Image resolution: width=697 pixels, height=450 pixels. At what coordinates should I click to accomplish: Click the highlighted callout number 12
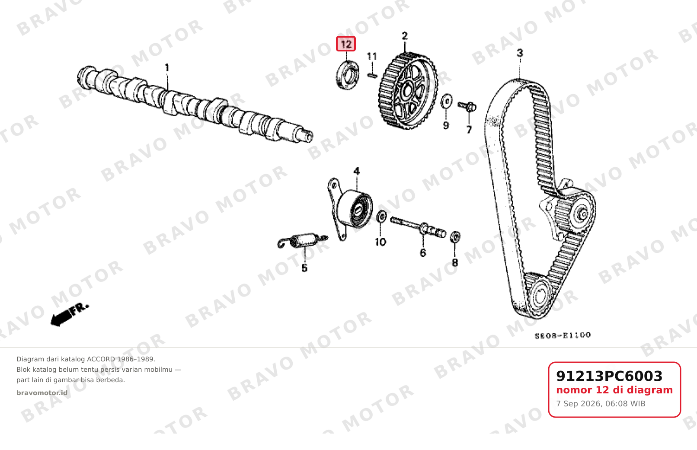pyautogui.click(x=346, y=44)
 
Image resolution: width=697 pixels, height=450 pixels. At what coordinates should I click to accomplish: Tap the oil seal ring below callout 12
pyautogui.click(x=348, y=75)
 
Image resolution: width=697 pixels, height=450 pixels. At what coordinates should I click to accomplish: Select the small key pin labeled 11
pyautogui.click(x=372, y=75)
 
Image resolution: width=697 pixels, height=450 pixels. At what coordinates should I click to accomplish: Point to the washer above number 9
pyautogui.click(x=447, y=101)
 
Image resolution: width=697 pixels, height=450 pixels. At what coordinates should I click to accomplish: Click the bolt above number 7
pyautogui.click(x=467, y=106)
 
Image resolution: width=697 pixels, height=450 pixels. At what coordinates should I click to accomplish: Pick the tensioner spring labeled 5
pyautogui.click(x=302, y=241)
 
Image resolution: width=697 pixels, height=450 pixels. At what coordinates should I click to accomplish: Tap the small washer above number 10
pyautogui.click(x=381, y=217)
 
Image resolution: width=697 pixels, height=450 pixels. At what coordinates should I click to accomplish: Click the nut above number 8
pyautogui.click(x=455, y=237)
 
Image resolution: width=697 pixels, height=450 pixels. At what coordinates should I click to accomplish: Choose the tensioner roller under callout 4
pyautogui.click(x=355, y=209)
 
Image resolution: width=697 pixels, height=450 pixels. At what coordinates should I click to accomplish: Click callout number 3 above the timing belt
pyautogui.click(x=520, y=53)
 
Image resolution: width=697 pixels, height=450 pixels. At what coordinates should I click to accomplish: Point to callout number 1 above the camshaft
pyautogui.click(x=167, y=67)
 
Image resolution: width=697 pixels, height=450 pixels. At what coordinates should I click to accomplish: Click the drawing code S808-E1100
pyautogui.click(x=563, y=335)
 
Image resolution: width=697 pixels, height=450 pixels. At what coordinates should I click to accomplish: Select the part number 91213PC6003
pyautogui.click(x=609, y=376)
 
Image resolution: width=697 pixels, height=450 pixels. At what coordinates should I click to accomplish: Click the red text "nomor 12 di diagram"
pyautogui.click(x=614, y=390)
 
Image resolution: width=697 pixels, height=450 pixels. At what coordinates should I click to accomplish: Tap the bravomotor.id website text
pyautogui.click(x=42, y=393)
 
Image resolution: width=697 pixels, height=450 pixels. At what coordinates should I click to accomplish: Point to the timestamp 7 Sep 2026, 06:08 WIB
pyautogui.click(x=601, y=404)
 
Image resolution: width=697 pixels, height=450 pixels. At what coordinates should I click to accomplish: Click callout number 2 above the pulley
pyautogui.click(x=405, y=36)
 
